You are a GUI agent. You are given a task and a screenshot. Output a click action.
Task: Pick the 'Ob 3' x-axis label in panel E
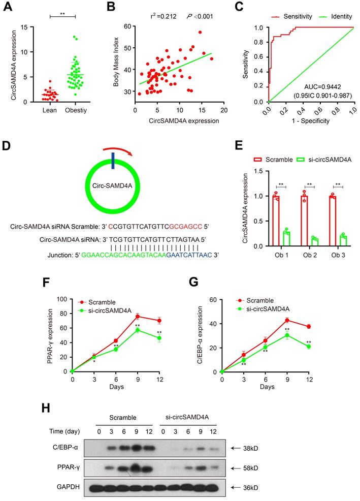click(x=338, y=255)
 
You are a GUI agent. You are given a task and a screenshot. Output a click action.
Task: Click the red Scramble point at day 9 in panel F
click(x=138, y=317)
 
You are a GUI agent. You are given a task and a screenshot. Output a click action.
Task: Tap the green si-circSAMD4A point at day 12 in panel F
click(x=159, y=338)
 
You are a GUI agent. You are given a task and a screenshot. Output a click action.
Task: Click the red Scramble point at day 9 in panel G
click(x=287, y=320)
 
